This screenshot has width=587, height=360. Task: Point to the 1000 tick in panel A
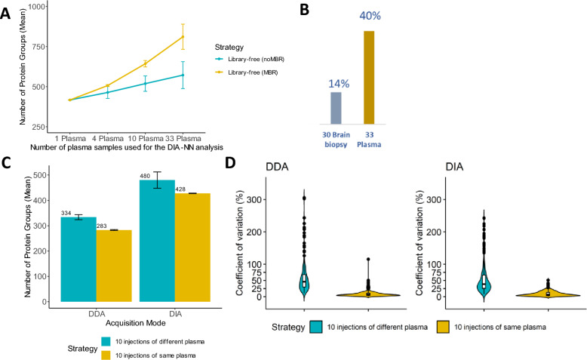pyautogui.click(x=35, y=6)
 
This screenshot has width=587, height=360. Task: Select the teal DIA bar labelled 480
pyautogui.click(x=157, y=242)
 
